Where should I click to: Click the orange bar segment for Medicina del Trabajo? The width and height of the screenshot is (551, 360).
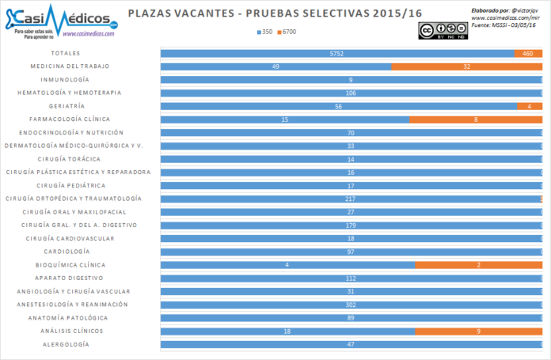466,66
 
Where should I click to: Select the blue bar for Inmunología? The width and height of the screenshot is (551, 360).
351,80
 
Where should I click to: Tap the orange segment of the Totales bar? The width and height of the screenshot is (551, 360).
527,53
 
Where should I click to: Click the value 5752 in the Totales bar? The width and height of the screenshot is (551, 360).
338,53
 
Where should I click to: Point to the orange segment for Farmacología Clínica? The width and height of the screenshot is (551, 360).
475,119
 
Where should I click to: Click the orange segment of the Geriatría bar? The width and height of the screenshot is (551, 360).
529,106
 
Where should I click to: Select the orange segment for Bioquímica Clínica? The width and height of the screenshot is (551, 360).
478,265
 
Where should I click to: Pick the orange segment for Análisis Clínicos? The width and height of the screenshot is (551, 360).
478,331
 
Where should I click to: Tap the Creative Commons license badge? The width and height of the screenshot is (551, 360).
443,30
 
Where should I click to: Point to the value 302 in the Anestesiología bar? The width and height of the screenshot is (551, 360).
350,305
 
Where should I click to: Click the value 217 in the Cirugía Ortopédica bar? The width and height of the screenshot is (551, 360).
350,199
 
